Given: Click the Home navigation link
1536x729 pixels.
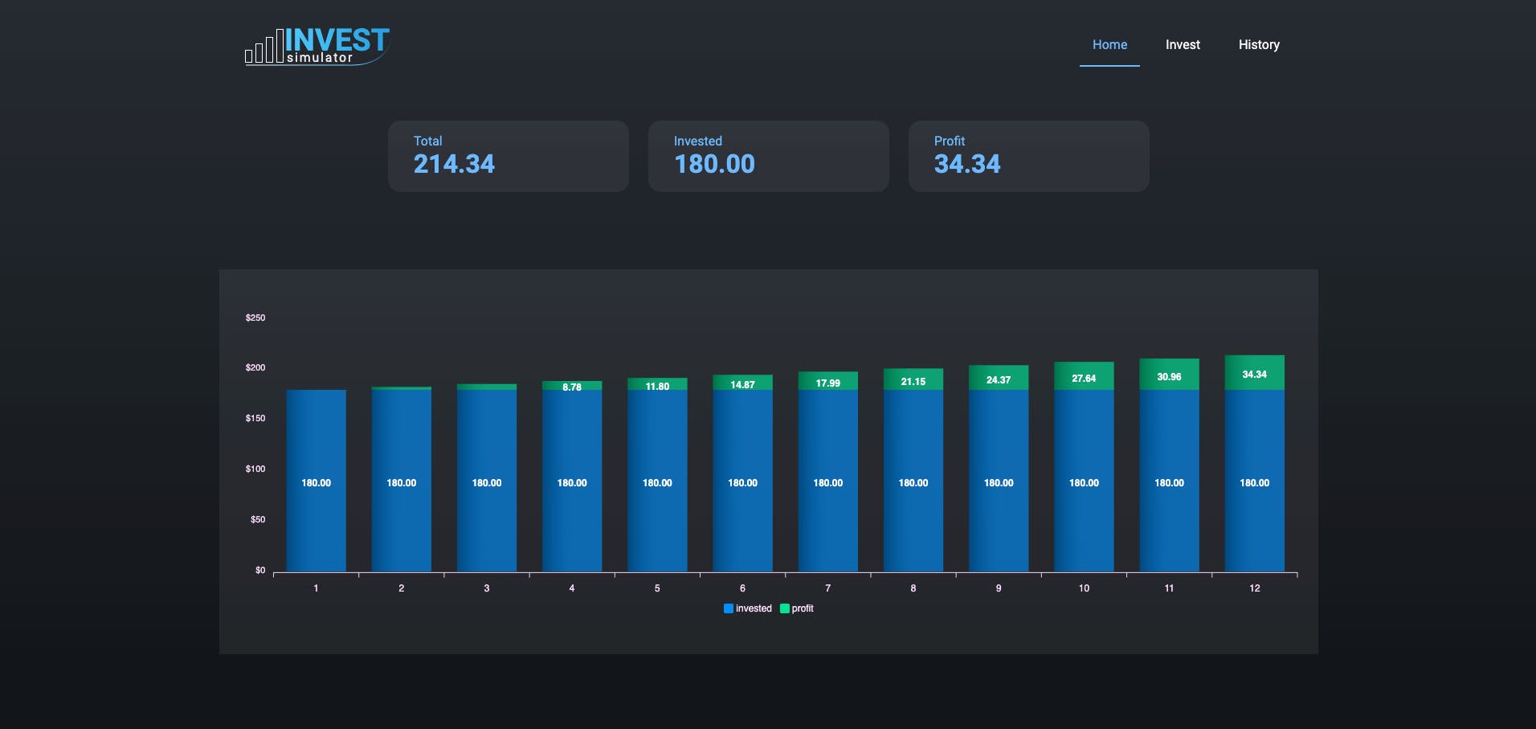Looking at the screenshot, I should coord(1109,45).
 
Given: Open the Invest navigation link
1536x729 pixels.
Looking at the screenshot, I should coord(1183,45).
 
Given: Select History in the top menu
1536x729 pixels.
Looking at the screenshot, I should coord(1259,45).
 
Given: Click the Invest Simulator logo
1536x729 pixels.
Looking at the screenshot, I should coord(317,47).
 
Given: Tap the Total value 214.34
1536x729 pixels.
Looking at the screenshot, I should coord(454,164).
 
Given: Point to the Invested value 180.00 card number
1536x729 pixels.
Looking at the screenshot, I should coord(714,164).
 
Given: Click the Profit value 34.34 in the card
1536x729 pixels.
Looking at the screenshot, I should coord(967,164).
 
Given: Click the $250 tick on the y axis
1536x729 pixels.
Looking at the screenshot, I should coord(255,318).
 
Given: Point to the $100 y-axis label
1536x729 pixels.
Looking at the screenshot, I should coord(255,469).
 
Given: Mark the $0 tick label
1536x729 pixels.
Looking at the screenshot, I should coord(259,571).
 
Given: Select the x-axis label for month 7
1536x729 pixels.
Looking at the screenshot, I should coord(827,588).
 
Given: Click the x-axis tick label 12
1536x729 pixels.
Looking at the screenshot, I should coord(1254,588).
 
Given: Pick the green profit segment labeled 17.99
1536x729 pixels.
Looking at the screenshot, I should coord(827,381).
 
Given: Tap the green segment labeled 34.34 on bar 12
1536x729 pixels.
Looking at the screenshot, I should coord(1254,373).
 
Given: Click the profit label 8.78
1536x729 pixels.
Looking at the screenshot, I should coord(572,387).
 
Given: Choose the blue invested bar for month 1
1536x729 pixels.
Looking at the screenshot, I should coord(316,482).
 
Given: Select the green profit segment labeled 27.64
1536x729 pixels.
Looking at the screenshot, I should coord(1084,376).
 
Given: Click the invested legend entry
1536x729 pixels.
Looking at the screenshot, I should coord(748,608).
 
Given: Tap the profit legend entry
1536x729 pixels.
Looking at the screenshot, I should coord(797,608).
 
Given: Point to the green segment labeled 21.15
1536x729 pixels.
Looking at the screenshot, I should coord(913,379).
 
